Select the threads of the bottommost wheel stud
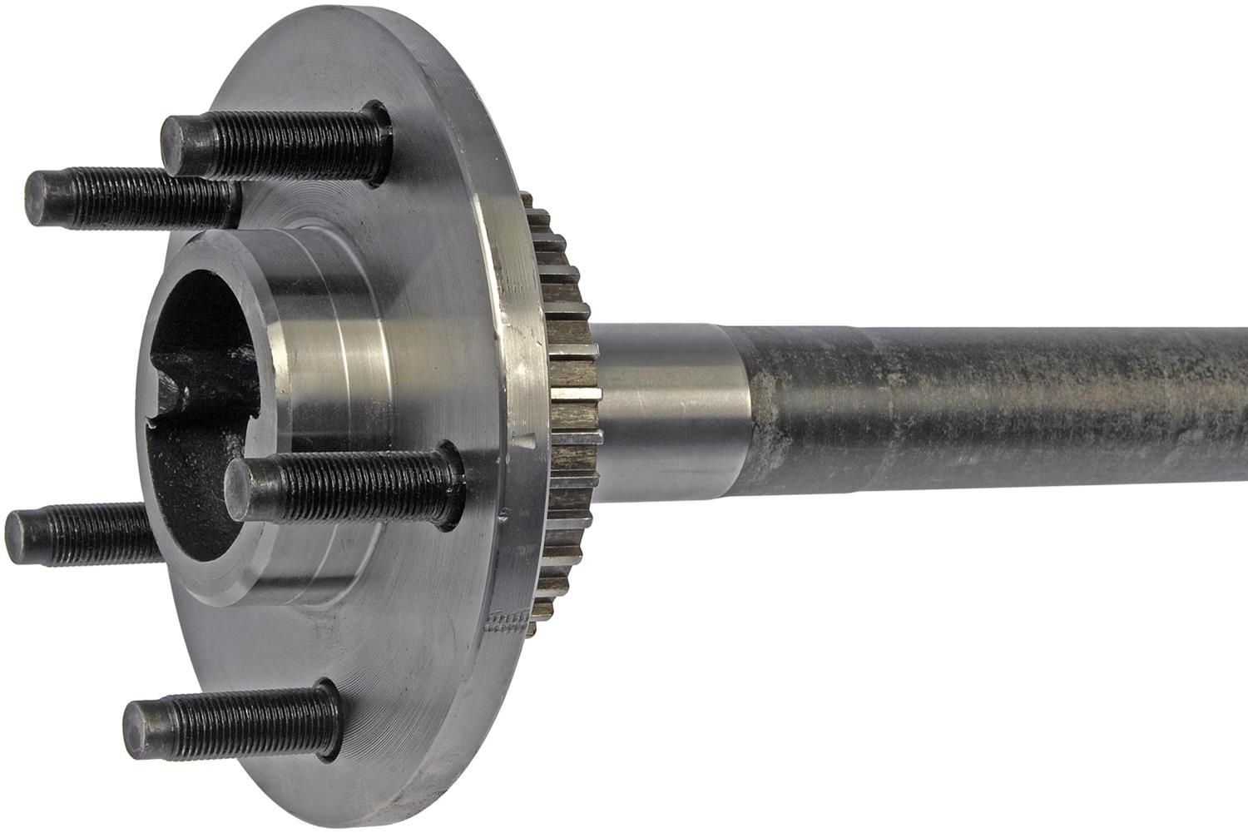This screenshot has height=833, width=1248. pos(241,720)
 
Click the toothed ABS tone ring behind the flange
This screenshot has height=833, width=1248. pos(570,399)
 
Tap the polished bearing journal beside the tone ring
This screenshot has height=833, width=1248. pos(666,408)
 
